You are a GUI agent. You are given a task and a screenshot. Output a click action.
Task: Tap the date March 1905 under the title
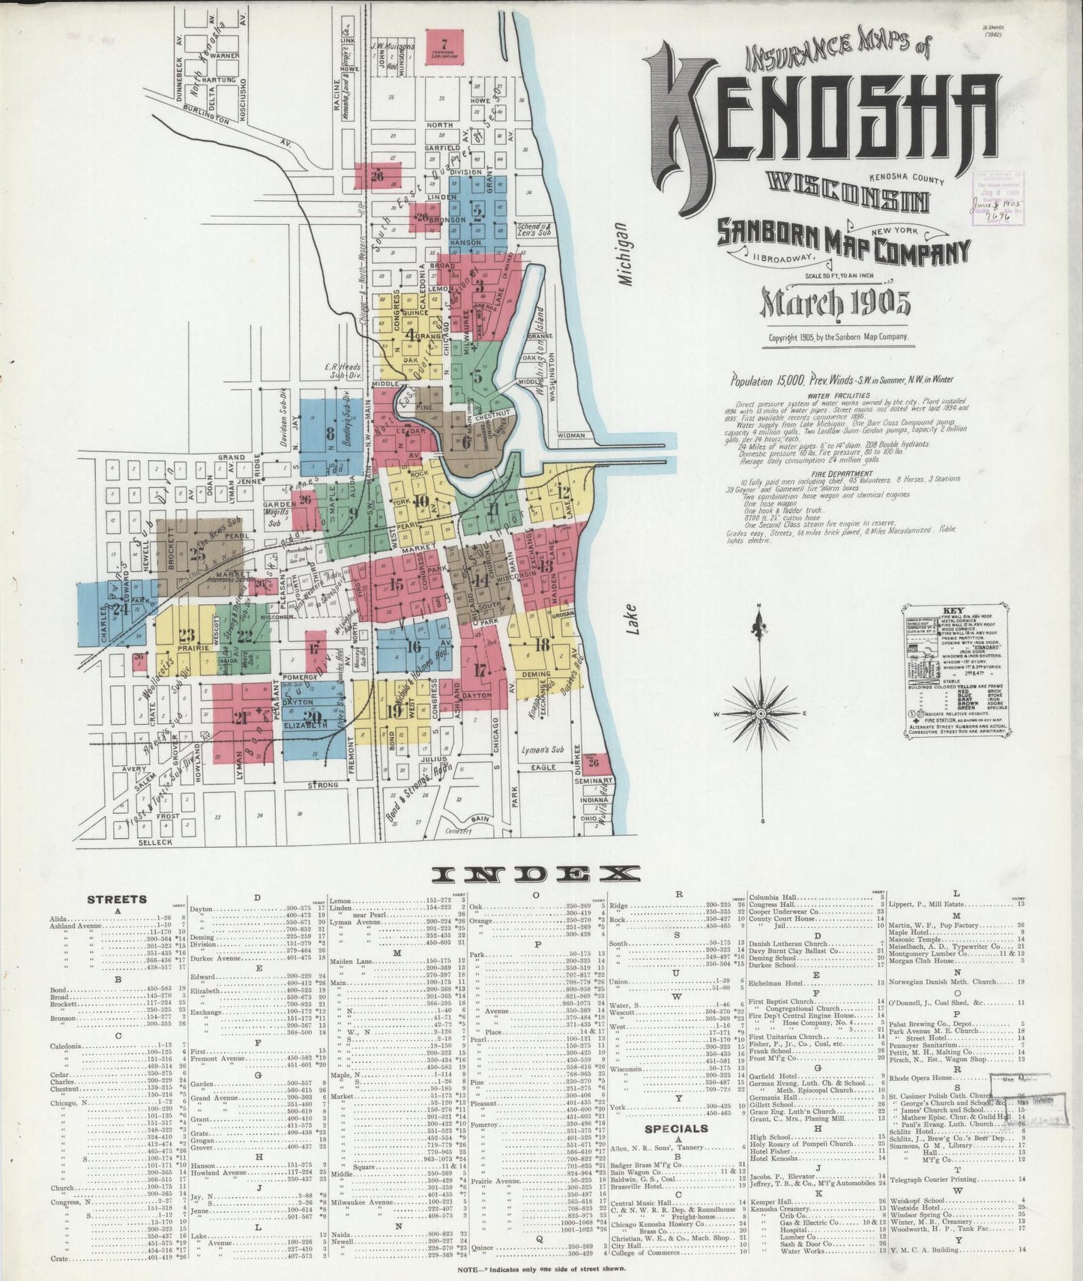[836, 302]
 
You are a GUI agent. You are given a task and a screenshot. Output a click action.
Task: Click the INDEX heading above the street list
[537, 873]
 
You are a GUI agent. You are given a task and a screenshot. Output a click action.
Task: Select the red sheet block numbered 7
[444, 46]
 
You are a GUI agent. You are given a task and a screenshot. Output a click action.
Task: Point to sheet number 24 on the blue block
[117, 609]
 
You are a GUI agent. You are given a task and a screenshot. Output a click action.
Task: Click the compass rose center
[761, 713]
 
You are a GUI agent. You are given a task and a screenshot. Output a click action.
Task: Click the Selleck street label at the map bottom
[156, 842]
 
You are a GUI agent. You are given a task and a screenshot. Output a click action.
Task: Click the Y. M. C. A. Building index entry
[929, 1249]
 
